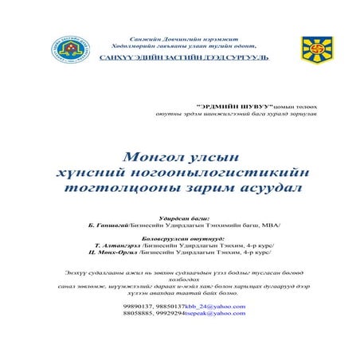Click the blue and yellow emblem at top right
click(317, 49)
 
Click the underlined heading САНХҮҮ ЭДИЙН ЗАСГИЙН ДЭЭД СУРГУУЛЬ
click(183, 58)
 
